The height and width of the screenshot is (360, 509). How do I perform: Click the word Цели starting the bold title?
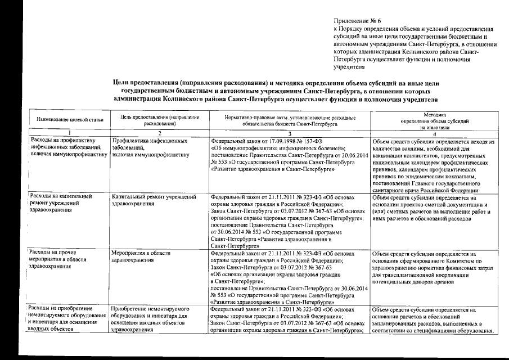[123, 82]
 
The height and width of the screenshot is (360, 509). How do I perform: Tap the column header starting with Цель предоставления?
[156, 120]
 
